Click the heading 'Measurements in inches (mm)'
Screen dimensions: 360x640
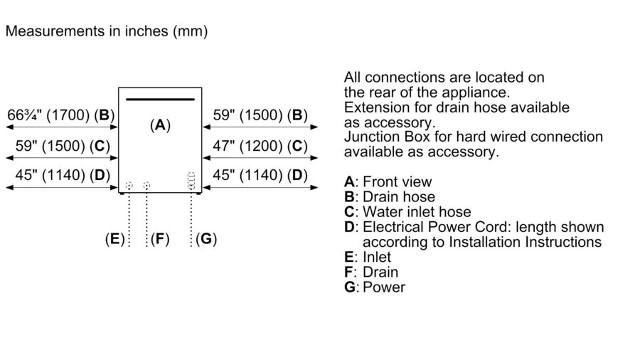(x=107, y=32)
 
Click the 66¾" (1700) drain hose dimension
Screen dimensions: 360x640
(x=60, y=115)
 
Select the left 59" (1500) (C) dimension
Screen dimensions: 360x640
(x=60, y=146)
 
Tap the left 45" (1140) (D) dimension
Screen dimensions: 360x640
(x=60, y=175)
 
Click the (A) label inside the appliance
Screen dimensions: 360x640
(x=160, y=125)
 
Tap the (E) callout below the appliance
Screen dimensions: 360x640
(x=114, y=239)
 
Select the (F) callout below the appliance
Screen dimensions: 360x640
(x=160, y=239)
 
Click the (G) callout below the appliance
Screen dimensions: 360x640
(x=206, y=239)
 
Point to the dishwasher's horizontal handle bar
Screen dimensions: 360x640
(x=160, y=98)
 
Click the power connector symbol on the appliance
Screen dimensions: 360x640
(x=191, y=181)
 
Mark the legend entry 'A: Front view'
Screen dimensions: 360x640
(x=388, y=182)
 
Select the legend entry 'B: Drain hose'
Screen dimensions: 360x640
(x=389, y=197)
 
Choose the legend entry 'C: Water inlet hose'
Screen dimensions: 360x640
(x=407, y=212)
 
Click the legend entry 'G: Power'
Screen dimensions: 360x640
(x=375, y=287)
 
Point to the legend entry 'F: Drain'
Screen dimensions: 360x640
(x=371, y=272)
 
